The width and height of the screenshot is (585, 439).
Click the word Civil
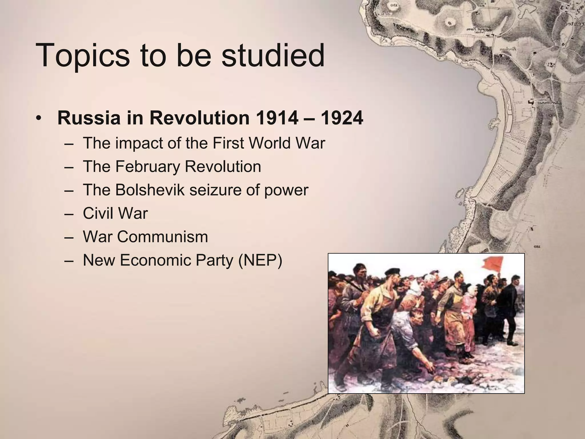click(99, 213)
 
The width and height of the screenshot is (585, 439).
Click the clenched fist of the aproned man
click(374, 332)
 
